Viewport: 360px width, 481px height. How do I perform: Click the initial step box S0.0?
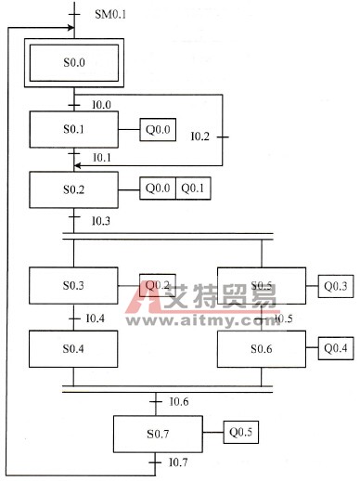click(73, 63)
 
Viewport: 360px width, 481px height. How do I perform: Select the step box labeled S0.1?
click(73, 131)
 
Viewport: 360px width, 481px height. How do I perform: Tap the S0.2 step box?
click(73, 189)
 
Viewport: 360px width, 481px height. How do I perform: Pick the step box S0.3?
click(73, 286)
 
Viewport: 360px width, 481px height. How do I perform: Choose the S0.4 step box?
click(73, 348)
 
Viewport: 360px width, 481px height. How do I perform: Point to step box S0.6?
click(261, 348)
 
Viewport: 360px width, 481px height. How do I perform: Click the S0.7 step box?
click(157, 432)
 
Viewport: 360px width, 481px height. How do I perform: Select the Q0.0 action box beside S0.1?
click(157, 131)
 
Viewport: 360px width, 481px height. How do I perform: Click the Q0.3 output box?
click(335, 286)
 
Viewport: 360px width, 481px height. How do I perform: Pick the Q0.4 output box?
click(335, 348)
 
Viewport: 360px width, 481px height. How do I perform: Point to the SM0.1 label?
click(112, 15)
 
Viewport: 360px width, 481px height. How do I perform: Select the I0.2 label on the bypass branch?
click(199, 136)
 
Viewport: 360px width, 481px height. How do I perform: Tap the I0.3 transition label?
click(100, 220)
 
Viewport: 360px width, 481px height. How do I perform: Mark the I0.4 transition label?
click(95, 318)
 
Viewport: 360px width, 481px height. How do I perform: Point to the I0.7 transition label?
click(179, 461)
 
